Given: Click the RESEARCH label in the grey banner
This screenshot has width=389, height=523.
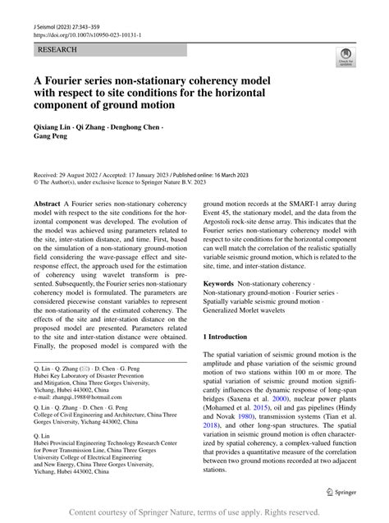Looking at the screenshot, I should pyautogui.click(x=57, y=50).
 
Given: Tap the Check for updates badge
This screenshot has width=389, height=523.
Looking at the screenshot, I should pyautogui.click(x=345, y=58).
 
